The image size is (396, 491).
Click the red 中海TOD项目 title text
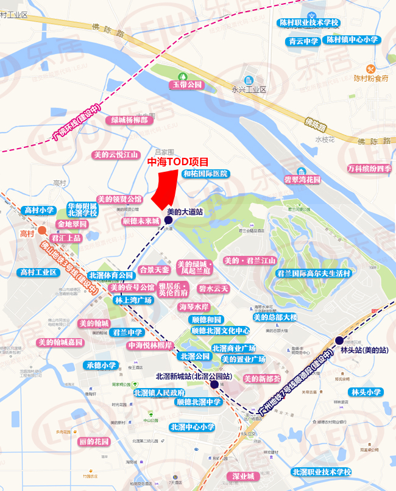[178, 162]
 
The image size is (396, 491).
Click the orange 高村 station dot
[41, 230]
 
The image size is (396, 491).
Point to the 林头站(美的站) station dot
[339, 340]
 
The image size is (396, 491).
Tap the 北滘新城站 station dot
[214, 384]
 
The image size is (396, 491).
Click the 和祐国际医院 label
[205, 174]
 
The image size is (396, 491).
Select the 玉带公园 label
[186, 84]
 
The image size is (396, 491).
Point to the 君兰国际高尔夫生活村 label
[313, 274]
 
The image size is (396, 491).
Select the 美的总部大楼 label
[275, 317]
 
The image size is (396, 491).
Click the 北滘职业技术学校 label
[321, 472]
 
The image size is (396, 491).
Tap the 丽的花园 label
[93, 441]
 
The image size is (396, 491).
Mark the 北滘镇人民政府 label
[159, 392]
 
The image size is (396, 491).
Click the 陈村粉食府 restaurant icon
[370, 68]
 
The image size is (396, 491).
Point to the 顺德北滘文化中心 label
[220, 331]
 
